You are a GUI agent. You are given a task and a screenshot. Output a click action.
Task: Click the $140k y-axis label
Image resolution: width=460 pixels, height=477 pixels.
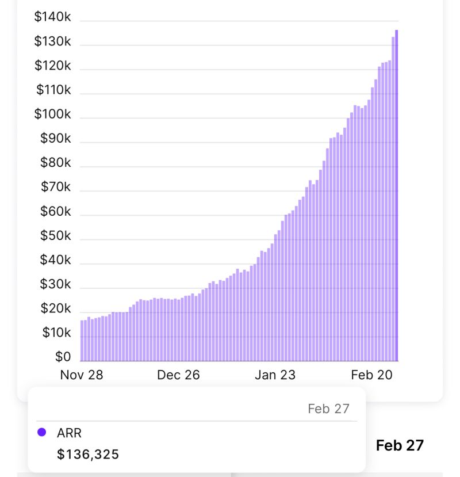pyautogui.click(x=52, y=17)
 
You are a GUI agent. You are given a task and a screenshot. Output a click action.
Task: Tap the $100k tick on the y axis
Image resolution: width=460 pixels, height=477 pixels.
pyautogui.click(x=52, y=114)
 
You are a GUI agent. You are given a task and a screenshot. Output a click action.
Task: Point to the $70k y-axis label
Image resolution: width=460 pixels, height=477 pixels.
pyautogui.click(x=55, y=187)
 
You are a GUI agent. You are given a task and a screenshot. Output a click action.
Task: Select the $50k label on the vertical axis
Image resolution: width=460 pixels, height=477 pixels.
pyautogui.click(x=55, y=235)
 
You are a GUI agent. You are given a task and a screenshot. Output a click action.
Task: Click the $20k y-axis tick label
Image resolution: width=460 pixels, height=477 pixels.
pyautogui.click(x=55, y=308)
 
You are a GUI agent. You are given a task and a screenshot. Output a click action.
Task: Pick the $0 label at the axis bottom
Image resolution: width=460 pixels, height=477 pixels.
pyautogui.click(x=63, y=357)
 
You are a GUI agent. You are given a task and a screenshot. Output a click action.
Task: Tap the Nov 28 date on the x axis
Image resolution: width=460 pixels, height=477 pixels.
pyautogui.click(x=82, y=375)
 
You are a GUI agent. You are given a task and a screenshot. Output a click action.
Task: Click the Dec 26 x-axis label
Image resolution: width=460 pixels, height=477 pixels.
pyautogui.click(x=178, y=375)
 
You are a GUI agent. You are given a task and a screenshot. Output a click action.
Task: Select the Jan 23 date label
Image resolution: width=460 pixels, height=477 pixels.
pyautogui.click(x=275, y=375)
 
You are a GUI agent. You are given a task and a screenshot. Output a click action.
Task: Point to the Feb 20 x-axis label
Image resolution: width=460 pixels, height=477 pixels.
pyautogui.click(x=371, y=375)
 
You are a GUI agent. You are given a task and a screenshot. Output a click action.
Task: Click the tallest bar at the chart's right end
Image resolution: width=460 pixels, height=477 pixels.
pyautogui.click(x=396, y=196)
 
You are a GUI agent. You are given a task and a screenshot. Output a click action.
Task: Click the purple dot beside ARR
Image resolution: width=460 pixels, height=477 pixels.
pyautogui.click(x=41, y=432)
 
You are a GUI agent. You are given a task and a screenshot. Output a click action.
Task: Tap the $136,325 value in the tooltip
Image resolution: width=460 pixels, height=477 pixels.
pyautogui.click(x=88, y=455)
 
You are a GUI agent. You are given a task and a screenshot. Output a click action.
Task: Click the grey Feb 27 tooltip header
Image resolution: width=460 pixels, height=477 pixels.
pyautogui.click(x=328, y=409)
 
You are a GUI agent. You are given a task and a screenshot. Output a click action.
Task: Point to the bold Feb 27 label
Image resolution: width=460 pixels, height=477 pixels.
pyautogui.click(x=400, y=445)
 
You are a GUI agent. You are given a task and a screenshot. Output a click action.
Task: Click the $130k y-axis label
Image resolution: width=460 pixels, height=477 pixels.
pyautogui.click(x=52, y=41)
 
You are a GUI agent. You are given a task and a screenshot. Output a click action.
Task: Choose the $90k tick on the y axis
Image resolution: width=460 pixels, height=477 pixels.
pyautogui.click(x=55, y=138)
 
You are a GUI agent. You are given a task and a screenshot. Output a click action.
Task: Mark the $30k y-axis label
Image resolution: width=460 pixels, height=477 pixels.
pyautogui.click(x=55, y=284)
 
